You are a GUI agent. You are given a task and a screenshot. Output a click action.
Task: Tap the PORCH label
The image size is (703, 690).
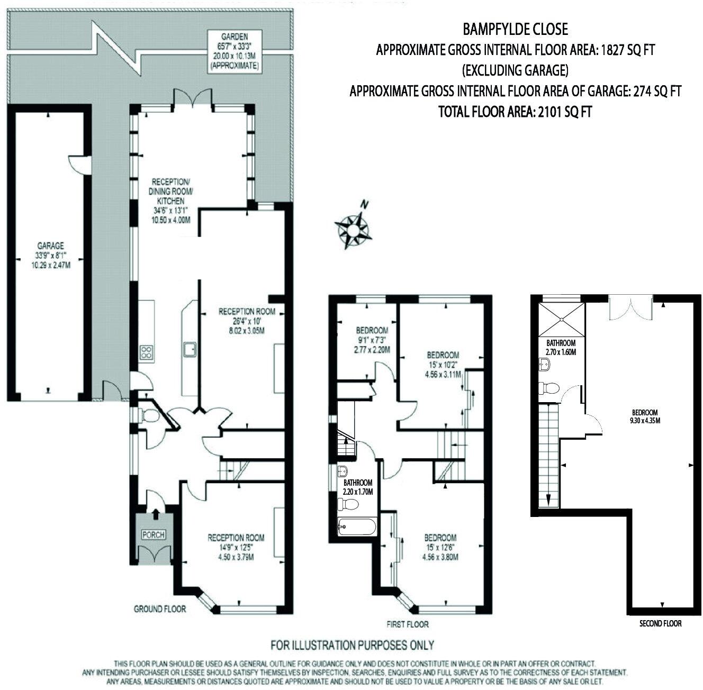tap(154, 534)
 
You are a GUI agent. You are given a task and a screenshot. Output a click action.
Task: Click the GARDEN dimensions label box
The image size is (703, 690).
tap(234, 51)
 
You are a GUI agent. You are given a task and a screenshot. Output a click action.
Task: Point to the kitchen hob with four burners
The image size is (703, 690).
tap(147, 352)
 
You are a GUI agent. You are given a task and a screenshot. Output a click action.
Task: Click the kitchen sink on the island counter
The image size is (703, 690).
tap(190, 349)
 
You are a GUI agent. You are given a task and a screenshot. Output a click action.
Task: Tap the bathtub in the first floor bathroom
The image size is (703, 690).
tap(357, 526)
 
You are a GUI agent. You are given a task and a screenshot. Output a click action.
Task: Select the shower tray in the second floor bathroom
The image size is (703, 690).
tap(562, 318)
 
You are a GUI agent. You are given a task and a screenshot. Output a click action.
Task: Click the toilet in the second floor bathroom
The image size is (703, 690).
tap(549, 388)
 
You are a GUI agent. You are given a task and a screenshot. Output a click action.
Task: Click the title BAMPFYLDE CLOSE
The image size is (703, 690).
tap(515, 29)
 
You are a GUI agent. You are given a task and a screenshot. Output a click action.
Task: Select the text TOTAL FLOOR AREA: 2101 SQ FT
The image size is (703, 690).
tap(515, 112)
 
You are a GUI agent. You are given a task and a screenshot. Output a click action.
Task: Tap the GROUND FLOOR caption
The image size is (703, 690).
tap(159, 609)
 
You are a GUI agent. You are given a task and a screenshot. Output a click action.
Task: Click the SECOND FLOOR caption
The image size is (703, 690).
tap(660, 623)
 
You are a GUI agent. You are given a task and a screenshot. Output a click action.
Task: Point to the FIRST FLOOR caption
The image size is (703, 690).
tap(407, 624)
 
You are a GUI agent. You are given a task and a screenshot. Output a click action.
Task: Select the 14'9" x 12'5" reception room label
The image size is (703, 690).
tap(236, 547)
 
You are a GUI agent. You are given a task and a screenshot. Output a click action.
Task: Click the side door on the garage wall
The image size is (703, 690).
tap(78, 164)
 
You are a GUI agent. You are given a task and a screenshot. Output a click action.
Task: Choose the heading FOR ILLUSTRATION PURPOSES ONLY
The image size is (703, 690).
tap(352, 645)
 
